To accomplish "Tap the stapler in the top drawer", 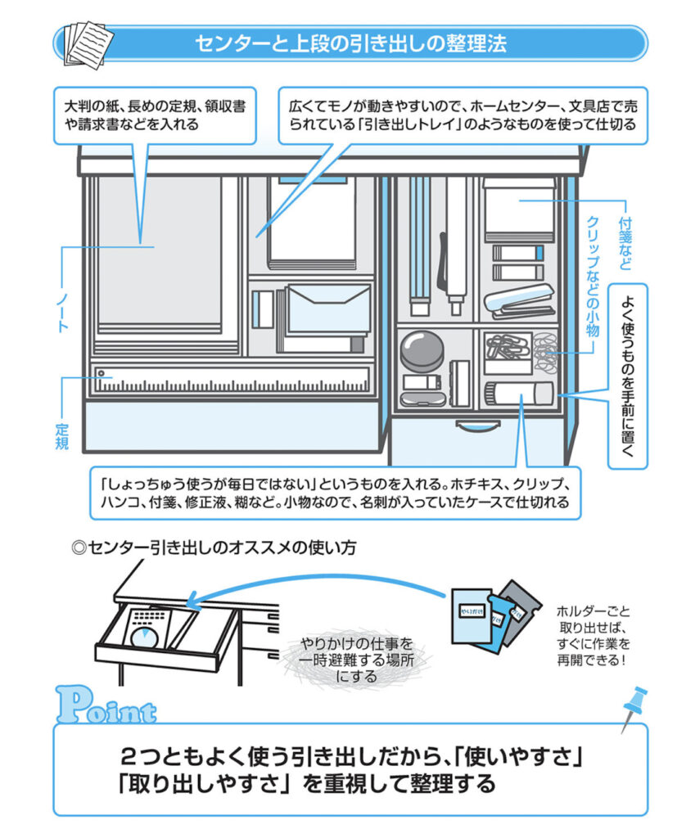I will point(519,304).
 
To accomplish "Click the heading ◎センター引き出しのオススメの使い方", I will point(214,547).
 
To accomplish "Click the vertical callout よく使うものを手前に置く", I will point(627,376).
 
